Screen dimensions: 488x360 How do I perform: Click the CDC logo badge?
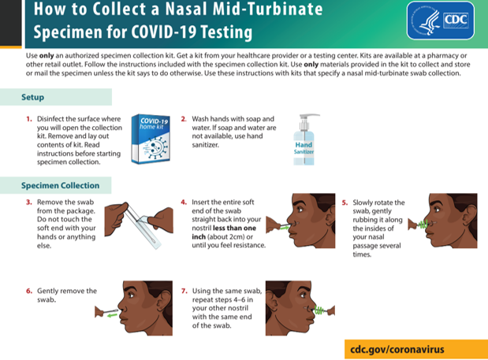(x=441, y=20)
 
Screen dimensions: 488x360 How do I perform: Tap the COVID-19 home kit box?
(x=151, y=139)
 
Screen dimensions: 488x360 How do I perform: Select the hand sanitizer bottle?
(x=304, y=139)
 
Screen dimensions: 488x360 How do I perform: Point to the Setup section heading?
(x=32, y=98)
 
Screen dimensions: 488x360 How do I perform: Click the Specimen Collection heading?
(x=61, y=186)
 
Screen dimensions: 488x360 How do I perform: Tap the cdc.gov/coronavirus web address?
(x=397, y=350)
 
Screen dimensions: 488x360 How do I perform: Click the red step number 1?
(x=29, y=119)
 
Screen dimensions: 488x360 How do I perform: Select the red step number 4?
(x=184, y=202)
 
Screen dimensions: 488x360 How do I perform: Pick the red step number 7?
(x=184, y=291)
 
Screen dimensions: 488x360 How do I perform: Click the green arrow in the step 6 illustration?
(x=112, y=316)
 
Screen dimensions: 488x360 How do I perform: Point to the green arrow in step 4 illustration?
(x=285, y=228)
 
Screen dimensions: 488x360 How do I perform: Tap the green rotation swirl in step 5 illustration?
(x=423, y=225)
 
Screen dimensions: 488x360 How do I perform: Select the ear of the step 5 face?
(x=469, y=216)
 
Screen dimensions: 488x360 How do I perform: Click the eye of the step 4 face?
(x=300, y=210)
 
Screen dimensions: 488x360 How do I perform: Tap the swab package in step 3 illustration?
(x=144, y=225)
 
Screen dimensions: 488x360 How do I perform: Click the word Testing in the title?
(x=226, y=32)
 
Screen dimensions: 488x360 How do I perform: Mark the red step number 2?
(x=184, y=119)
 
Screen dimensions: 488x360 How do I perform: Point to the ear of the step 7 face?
(x=273, y=303)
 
